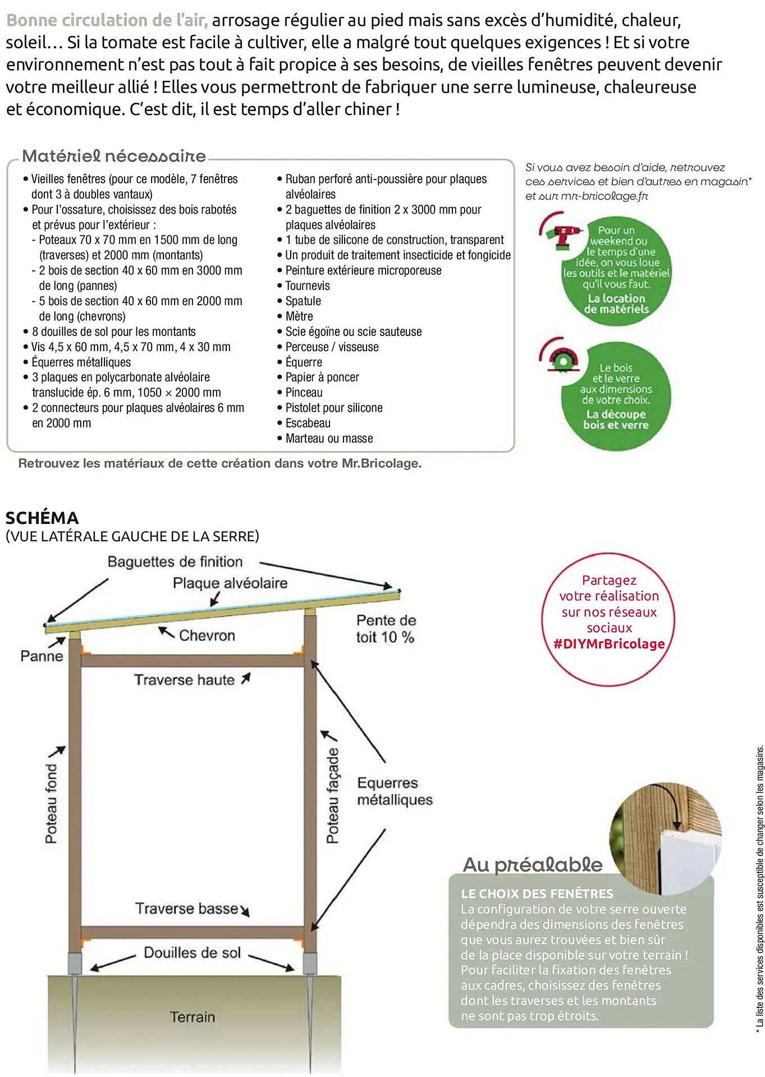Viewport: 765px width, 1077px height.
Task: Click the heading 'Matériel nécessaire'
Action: tap(114, 156)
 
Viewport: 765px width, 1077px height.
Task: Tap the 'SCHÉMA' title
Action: tap(42, 518)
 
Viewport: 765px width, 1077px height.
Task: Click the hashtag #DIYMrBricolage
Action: tap(609, 644)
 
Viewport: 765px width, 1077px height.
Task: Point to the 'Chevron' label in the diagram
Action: tap(207, 636)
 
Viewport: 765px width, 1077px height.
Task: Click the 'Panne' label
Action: tap(42, 656)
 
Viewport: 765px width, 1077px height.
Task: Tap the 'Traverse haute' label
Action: tap(184, 680)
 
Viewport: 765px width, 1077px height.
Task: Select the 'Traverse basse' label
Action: tap(187, 909)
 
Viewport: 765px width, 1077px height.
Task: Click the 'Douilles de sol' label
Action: tap(192, 952)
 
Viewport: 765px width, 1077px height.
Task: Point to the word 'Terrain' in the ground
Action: tap(193, 1017)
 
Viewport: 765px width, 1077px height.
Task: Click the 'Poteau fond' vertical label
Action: tap(51, 804)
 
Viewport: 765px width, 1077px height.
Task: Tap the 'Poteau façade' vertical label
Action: tap(333, 795)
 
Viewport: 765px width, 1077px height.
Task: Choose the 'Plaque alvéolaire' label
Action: tap(230, 583)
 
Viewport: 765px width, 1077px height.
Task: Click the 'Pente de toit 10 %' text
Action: tap(386, 629)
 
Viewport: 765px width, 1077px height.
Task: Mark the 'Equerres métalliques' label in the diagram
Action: tap(395, 791)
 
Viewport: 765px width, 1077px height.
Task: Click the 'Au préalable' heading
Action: tap(532, 864)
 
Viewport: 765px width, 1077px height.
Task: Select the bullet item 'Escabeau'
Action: tap(308, 423)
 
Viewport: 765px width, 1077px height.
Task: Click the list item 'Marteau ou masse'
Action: tap(329, 438)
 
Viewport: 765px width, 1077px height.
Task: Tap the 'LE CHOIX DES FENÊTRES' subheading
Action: tap(537, 894)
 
